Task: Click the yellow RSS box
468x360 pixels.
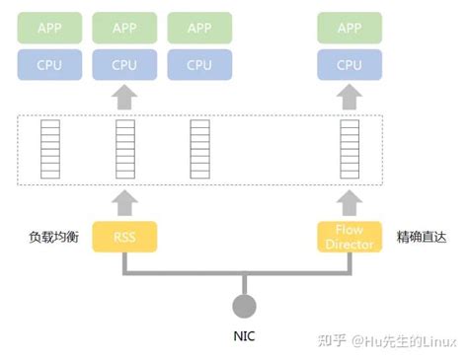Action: click(x=123, y=237)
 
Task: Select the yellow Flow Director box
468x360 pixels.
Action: click(x=349, y=237)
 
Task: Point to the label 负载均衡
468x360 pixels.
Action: click(x=51, y=238)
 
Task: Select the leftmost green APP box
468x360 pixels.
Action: click(x=49, y=28)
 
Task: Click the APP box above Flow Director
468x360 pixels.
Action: click(x=349, y=28)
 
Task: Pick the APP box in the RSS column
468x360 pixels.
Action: click(x=124, y=28)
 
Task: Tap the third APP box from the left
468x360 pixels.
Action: click(x=199, y=28)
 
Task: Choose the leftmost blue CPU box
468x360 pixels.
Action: click(x=49, y=65)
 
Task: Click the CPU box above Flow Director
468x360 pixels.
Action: click(x=349, y=65)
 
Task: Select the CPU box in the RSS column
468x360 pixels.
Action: click(x=124, y=65)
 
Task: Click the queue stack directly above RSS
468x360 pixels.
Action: click(x=124, y=150)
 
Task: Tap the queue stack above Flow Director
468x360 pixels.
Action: click(x=349, y=150)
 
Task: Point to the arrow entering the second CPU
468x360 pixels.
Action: click(x=124, y=97)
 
